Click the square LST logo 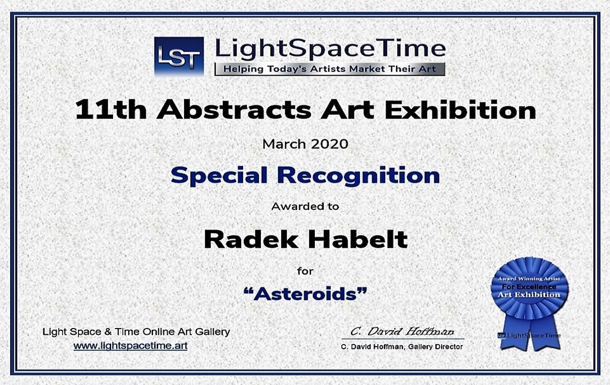179,56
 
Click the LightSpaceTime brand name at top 330,49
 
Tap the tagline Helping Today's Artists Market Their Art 329,69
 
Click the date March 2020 305,144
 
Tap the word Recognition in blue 359,176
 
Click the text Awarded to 305,206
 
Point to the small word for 305,271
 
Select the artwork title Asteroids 305,293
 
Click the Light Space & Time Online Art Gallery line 136,332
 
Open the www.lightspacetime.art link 130,345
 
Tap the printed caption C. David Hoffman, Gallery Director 402,346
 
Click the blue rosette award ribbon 529,289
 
